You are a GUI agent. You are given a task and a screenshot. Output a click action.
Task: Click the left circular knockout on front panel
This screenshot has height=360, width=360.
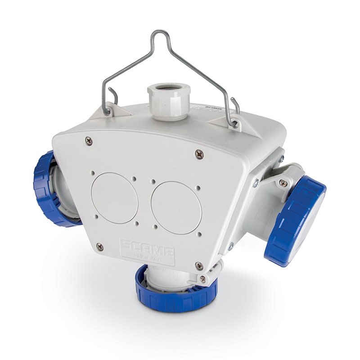click(114, 198)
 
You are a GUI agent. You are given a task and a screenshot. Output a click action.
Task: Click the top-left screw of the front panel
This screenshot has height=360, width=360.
click(89, 141)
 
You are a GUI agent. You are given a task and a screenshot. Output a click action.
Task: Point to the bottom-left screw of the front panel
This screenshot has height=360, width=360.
click(100, 247)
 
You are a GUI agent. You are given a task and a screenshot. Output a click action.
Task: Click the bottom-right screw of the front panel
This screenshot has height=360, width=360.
click(198, 265)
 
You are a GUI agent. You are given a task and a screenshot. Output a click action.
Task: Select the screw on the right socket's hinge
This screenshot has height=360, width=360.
click(283, 183)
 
